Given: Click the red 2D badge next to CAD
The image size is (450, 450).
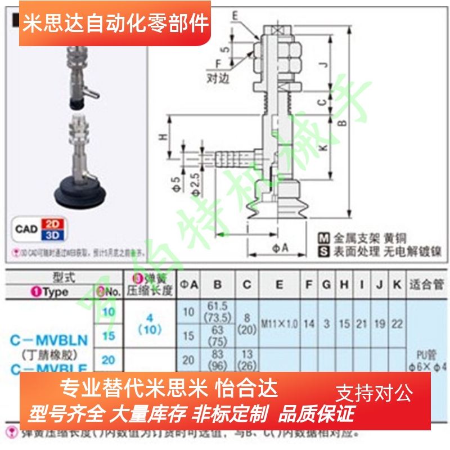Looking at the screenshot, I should click(x=55, y=223).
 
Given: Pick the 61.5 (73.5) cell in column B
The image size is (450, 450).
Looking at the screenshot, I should click(x=217, y=310).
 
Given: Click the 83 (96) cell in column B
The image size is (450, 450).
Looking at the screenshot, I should click(x=217, y=359).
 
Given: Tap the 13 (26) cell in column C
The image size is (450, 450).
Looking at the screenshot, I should click(x=247, y=359).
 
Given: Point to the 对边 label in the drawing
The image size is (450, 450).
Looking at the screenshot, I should click(x=218, y=79).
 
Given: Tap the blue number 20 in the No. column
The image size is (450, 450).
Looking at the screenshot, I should click(x=108, y=359).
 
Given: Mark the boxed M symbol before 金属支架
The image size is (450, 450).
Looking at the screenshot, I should click(x=323, y=237).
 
